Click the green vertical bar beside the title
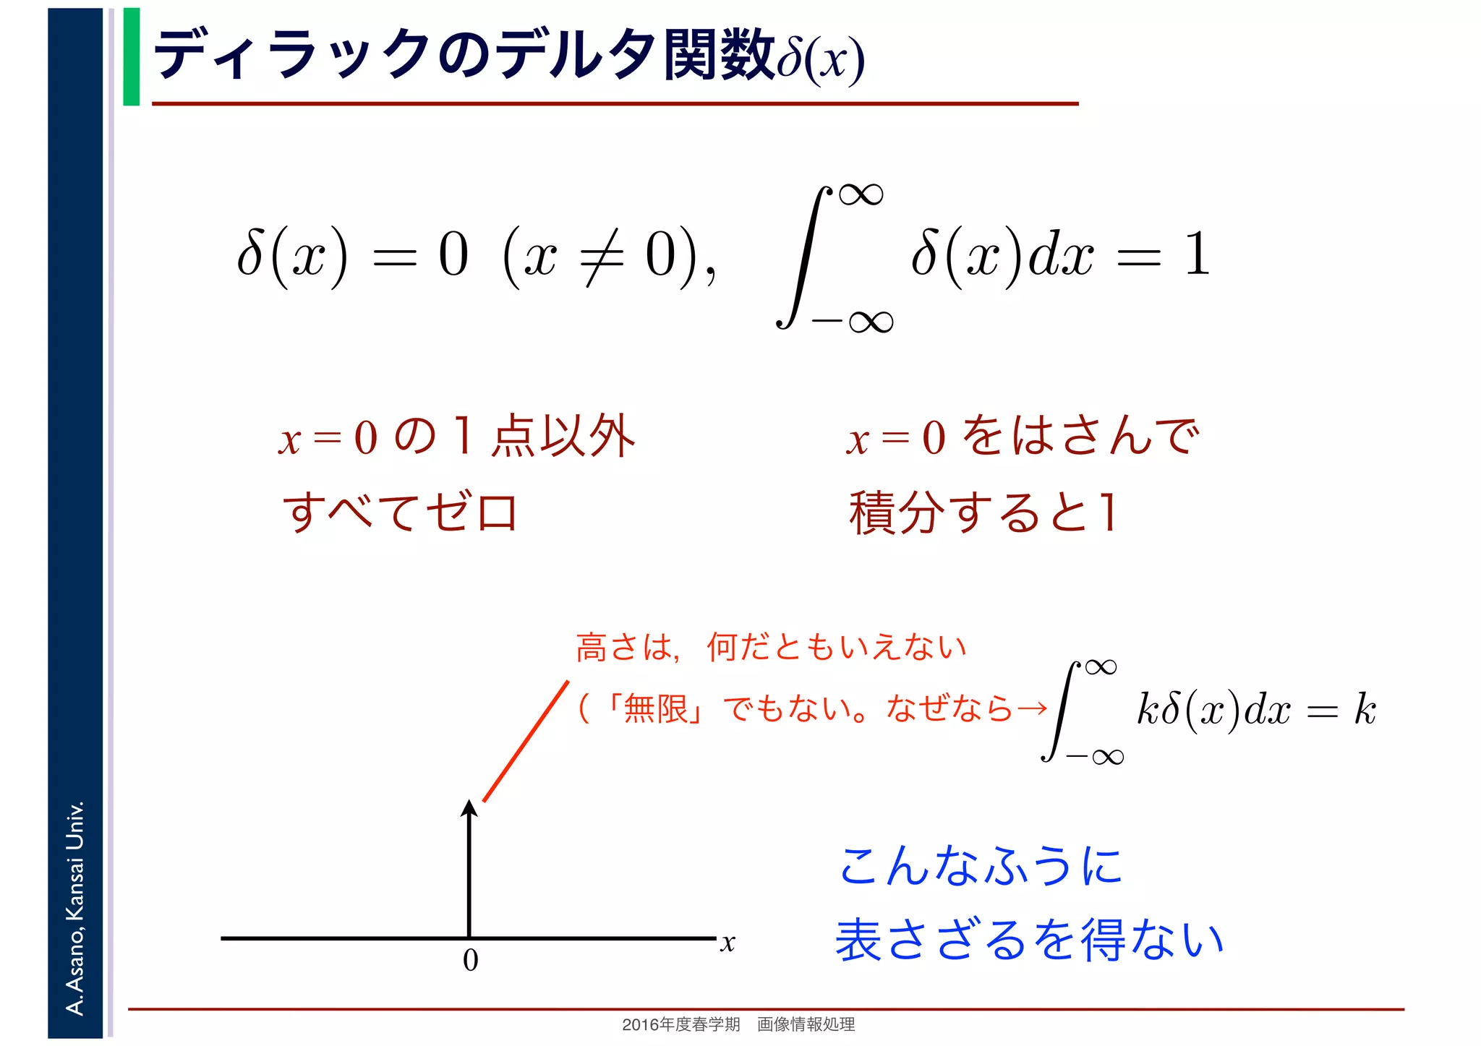click(131, 56)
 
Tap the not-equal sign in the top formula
click(602, 256)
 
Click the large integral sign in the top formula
click(803, 257)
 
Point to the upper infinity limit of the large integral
click(861, 194)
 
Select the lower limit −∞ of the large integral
click(853, 321)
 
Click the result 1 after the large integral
click(1198, 254)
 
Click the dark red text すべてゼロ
click(400, 512)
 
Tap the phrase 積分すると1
click(983, 512)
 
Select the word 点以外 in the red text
click(563, 437)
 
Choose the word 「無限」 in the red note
click(655, 708)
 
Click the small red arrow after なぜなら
click(1031, 708)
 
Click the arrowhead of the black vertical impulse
click(469, 808)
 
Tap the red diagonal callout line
click(526, 741)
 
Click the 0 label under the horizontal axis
click(470, 960)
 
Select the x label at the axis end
click(727, 943)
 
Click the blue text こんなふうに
click(980, 866)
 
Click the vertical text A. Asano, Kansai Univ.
click(75, 907)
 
